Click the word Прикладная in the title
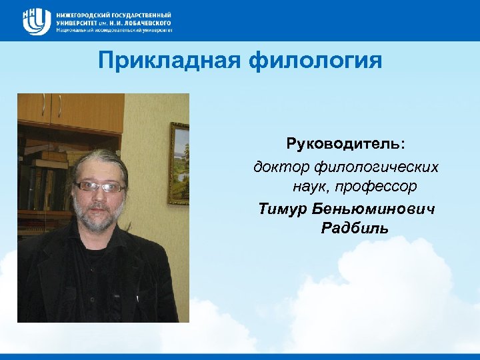(169, 61)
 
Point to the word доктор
(276, 166)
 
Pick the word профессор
(385, 187)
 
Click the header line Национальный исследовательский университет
(114, 30)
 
